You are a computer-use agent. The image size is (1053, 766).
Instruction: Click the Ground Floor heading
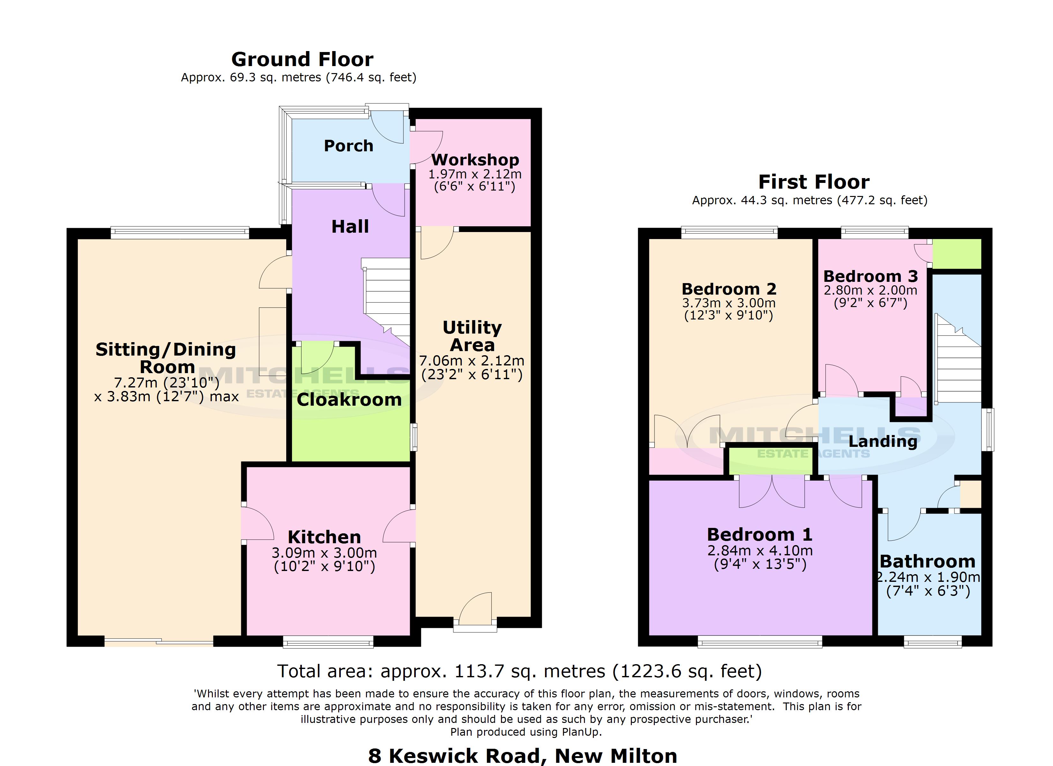click(x=302, y=59)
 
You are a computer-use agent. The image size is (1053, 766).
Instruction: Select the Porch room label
click(x=348, y=146)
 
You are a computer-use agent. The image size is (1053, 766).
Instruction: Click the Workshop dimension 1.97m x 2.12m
click(x=474, y=174)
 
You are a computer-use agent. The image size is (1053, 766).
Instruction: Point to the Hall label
click(x=350, y=227)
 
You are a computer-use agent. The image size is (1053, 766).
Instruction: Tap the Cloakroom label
click(x=349, y=400)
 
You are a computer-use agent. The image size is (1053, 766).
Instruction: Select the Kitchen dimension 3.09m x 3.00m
click(x=324, y=553)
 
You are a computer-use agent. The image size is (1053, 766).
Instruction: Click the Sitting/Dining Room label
click(x=166, y=358)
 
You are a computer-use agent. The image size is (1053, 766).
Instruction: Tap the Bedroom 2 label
click(x=728, y=289)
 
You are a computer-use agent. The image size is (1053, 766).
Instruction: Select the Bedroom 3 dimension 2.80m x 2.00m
click(x=870, y=290)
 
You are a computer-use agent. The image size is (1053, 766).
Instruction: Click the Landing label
click(x=883, y=441)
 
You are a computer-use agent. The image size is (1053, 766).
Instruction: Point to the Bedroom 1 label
click(x=759, y=534)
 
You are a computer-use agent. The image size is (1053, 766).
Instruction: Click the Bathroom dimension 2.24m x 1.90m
click(x=928, y=577)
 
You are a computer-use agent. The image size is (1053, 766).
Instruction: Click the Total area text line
click(x=519, y=671)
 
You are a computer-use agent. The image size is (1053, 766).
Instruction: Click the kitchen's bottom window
click(x=328, y=642)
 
